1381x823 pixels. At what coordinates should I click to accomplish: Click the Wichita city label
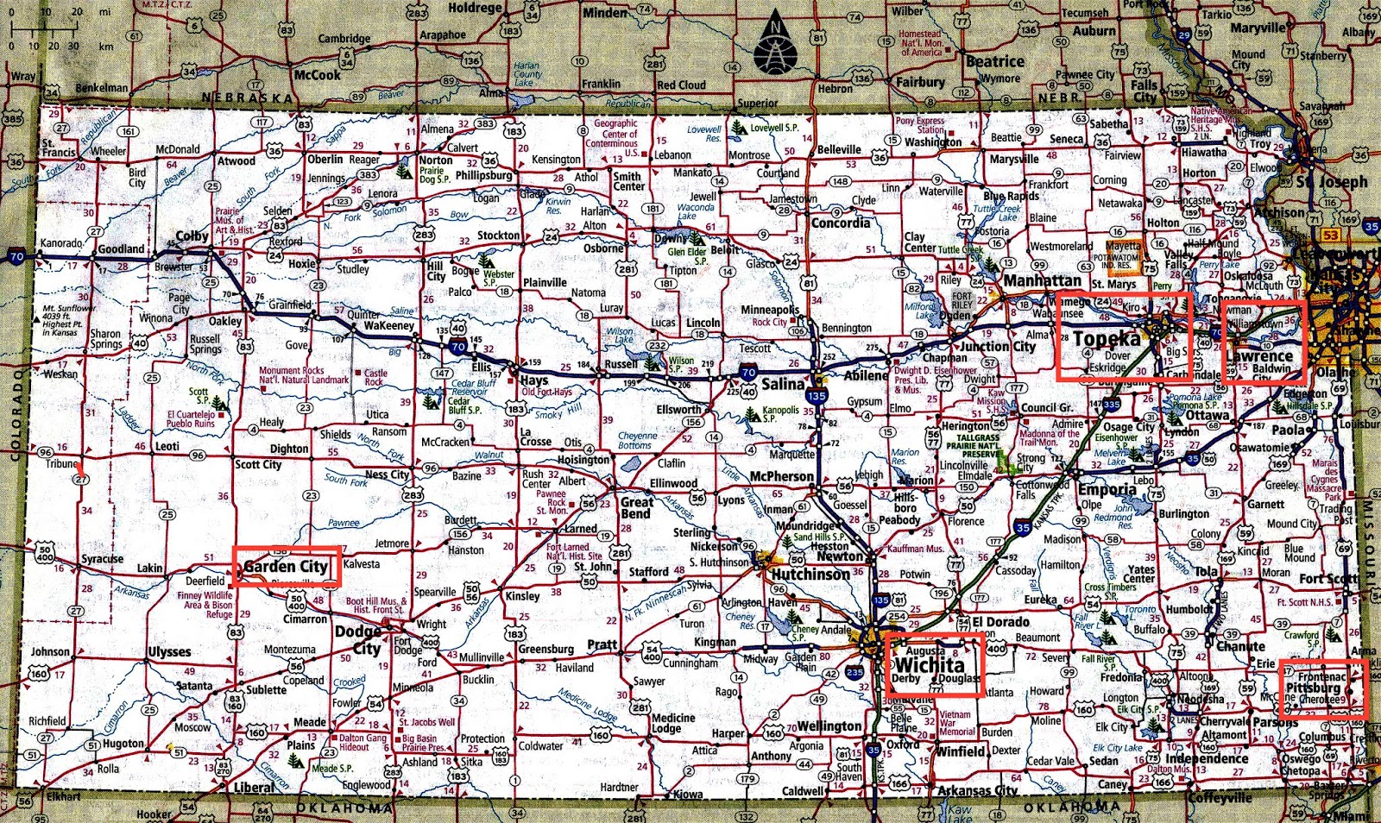coord(930,665)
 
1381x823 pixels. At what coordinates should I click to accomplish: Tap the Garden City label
coord(286,567)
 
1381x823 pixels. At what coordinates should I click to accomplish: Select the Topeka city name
coord(1107,339)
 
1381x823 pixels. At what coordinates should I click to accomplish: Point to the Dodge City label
coord(357,639)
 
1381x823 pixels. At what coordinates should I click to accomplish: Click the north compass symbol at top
coord(775,47)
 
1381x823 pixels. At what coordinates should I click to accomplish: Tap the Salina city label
coord(783,383)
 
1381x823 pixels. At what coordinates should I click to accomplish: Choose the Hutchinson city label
coord(810,575)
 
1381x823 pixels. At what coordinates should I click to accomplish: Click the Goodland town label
coord(121,248)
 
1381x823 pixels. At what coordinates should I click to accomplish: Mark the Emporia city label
coord(1107,489)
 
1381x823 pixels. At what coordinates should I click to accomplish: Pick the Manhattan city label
coord(1043,280)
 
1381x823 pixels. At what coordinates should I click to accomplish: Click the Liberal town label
coord(255,788)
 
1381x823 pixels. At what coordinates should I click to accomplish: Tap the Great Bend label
coord(637,507)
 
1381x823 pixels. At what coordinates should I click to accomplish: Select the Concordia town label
coord(841,223)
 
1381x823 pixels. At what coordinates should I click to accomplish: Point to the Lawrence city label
coord(1259,355)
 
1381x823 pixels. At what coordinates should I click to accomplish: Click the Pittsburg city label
coord(1313,688)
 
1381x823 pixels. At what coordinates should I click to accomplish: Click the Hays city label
coord(533,380)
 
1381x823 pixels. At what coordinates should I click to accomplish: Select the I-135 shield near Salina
coord(817,396)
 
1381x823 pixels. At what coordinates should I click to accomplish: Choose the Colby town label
coord(192,236)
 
